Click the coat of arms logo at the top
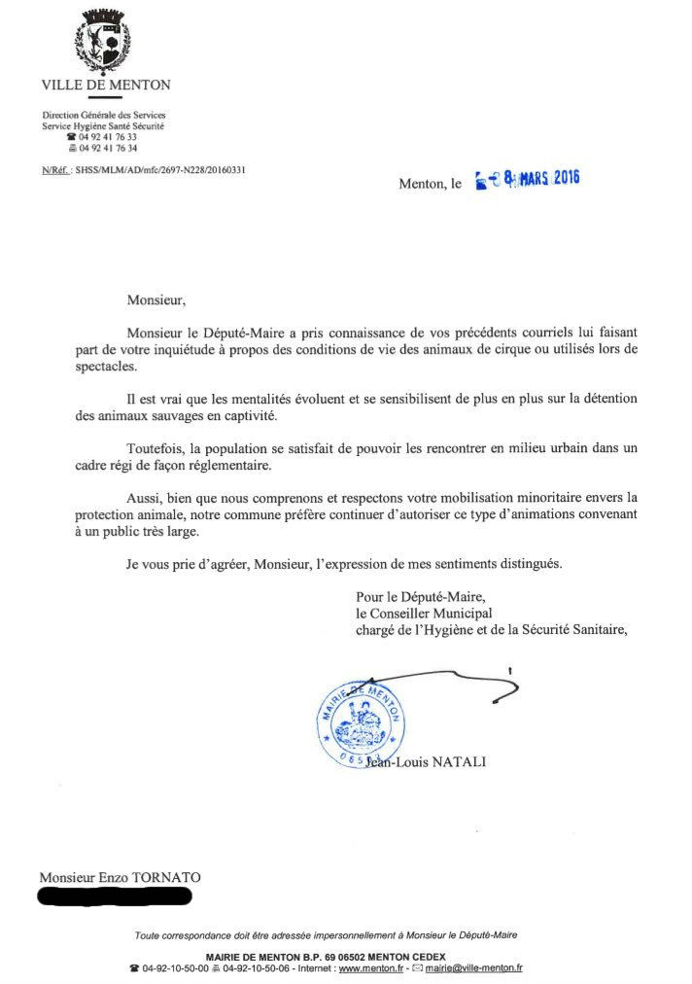[x=105, y=42]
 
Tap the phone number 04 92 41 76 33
[x=108, y=137]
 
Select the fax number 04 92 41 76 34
[x=108, y=148]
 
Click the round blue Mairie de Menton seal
[x=360, y=721]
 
